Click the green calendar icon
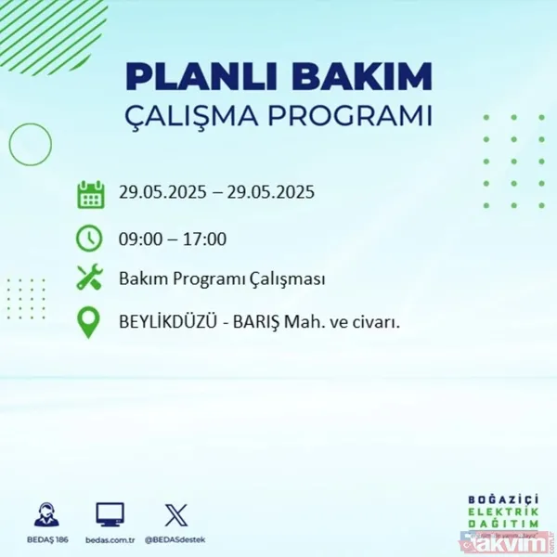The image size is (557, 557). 90,195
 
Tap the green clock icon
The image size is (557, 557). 90,239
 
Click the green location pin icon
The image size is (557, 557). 90,323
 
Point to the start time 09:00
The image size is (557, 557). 140,239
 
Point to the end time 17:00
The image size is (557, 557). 204,239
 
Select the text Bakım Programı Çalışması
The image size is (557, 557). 222,279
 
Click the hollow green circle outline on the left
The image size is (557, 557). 30,144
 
